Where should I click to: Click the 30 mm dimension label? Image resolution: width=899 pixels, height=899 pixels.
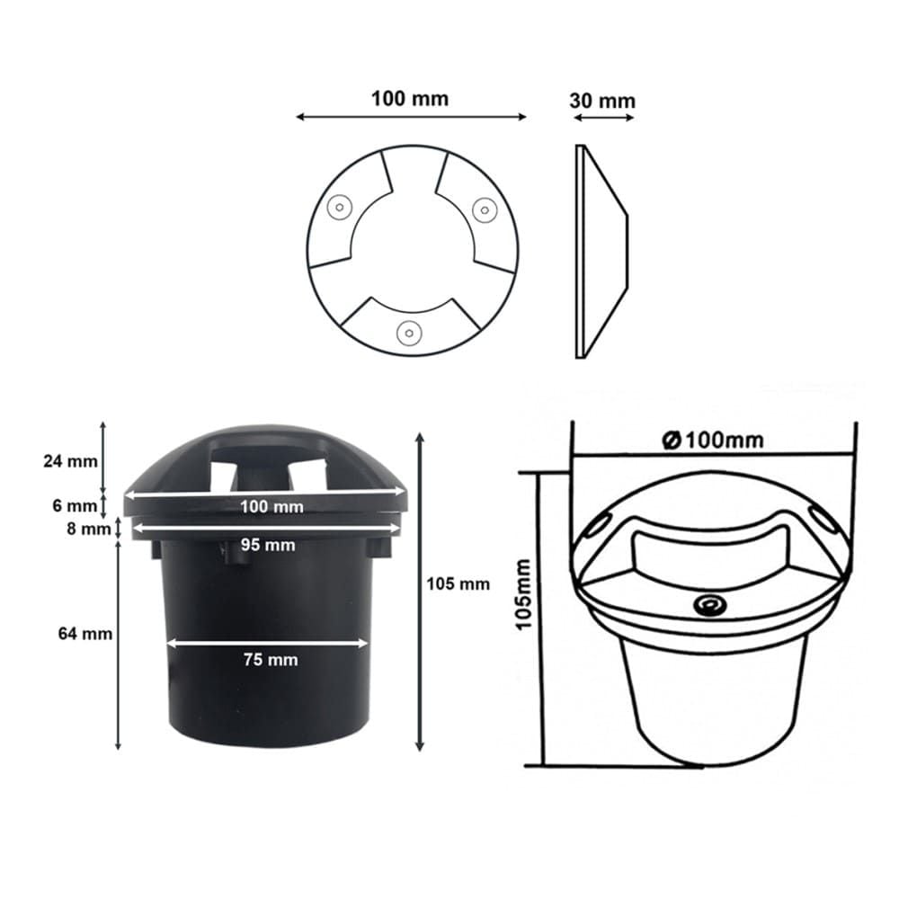[x=602, y=101]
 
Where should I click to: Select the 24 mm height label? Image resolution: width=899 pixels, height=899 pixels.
[x=70, y=461]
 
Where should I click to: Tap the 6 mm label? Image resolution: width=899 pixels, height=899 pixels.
[x=75, y=505]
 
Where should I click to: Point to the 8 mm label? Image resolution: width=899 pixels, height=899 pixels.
[x=88, y=529]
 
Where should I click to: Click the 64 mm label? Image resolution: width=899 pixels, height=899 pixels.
[x=85, y=634]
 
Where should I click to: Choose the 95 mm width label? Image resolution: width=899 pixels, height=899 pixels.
[x=268, y=545]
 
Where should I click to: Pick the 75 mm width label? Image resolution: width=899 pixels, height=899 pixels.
[x=271, y=660]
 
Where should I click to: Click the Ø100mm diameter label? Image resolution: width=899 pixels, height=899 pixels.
[x=713, y=441]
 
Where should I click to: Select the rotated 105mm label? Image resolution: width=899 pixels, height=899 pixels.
[x=523, y=595]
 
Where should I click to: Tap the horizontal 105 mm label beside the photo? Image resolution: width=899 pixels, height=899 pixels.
[x=458, y=584]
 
